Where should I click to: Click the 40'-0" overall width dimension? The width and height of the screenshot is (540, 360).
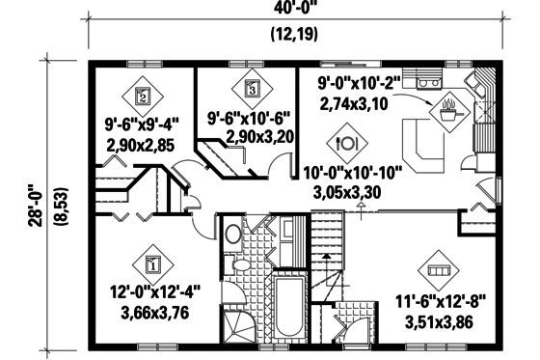click(x=297, y=9)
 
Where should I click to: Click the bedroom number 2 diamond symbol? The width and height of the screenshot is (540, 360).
click(x=142, y=96)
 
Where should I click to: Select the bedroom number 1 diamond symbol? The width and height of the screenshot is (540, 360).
click(x=152, y=261)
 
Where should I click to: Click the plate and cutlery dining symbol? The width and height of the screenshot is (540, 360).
click(x=345, y=142)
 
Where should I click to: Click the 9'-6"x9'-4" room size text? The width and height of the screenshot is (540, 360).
click(x=143, y=123)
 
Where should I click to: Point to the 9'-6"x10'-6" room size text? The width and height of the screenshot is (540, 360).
click(x=249, y=122)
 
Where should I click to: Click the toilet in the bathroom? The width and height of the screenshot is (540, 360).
click(x=233, y=235)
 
